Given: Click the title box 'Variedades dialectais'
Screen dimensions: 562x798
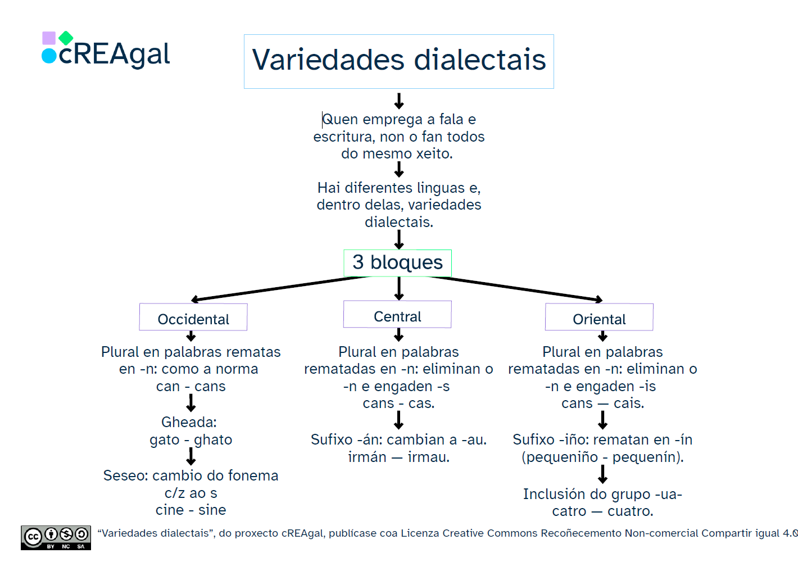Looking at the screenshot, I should coord(398,61).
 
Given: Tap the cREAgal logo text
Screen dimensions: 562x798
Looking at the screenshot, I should coord(114,55).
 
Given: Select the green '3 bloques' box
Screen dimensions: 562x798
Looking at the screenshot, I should coord(397,262).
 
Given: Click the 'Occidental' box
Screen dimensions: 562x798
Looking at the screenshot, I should coord(193,318).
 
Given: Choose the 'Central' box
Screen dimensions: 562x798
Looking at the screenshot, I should coord(397,315).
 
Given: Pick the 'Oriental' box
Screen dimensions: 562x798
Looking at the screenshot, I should coord(599,318).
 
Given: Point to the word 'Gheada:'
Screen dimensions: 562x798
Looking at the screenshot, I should coord(189,422).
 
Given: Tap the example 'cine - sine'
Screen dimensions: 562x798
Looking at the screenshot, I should coord(191,510).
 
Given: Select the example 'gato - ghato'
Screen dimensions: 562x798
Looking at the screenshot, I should coord(191,439).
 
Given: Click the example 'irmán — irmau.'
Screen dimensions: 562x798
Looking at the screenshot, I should coord(398,457).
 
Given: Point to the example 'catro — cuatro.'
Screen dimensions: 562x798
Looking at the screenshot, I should coord(602,511).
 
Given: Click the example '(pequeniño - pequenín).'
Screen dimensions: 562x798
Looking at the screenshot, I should coord(602,457).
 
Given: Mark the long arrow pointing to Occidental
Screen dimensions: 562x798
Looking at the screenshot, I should coord(281,288).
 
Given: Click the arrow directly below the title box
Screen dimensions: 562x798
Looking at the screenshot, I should coord(399,101).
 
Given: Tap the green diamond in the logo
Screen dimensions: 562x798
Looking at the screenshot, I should coord(66,38).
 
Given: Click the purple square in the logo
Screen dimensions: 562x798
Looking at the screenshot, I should coord(49,38).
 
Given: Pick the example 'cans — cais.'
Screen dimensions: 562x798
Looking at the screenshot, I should coord(602,403).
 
